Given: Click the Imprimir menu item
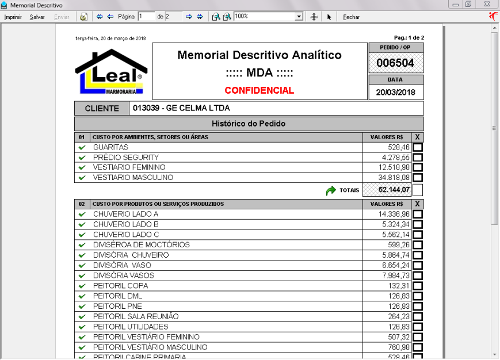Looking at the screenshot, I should (x=13, y=17).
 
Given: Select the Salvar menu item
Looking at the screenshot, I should (x=37, y=17).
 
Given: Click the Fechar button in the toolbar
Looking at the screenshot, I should (x=351, y=17).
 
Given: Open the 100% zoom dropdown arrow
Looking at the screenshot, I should (x=299, y=17).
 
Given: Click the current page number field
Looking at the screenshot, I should (x=146, y=17).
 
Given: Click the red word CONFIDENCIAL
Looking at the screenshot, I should (x=259, y=90).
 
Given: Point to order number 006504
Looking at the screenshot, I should (x=395, y=63).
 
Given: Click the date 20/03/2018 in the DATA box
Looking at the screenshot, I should (x=395, y=92).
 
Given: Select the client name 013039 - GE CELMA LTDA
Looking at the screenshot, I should (x=181, y=108).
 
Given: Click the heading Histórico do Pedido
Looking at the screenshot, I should (x=249, y=124).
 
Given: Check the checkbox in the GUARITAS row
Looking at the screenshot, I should (x=418, y=148).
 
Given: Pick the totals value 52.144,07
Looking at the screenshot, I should (x=394, y=190).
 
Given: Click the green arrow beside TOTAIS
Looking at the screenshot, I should (x=331, y=190).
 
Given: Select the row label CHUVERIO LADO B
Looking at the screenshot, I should (x=126, y=224).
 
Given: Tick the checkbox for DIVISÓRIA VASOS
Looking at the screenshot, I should (x=418, y=276).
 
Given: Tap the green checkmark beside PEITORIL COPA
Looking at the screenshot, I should (x=82, y=286).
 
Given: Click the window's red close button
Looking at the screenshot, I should (x=487, y=5).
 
